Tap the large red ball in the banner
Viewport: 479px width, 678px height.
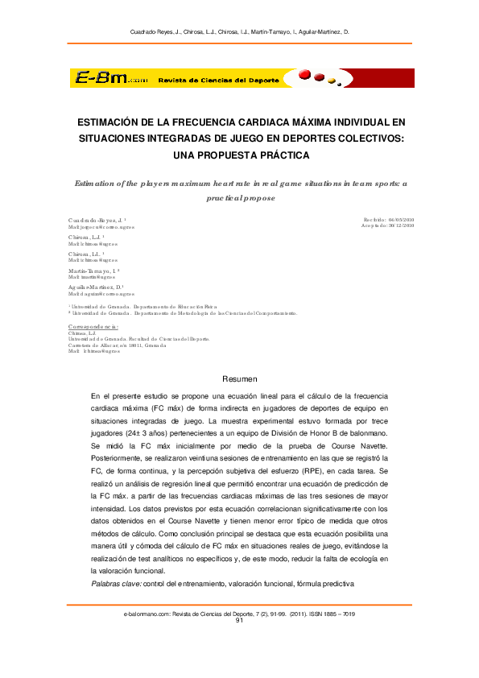pyautogui.click(x=304, y=76)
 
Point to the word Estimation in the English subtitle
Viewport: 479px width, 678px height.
pyautogui.click(x=97, y=184)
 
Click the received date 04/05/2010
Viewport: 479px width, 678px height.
pyautogui.click(x=400, y=219)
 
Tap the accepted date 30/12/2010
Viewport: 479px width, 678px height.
pyautogui.click(x=400, y=226)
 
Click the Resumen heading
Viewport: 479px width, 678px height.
pyautogui.click(x=239, y=378)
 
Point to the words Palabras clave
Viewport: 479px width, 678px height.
pyautogui.click(x=116, y=582)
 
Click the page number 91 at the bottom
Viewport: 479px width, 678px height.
pyautogui.click(x=239, y=621)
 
